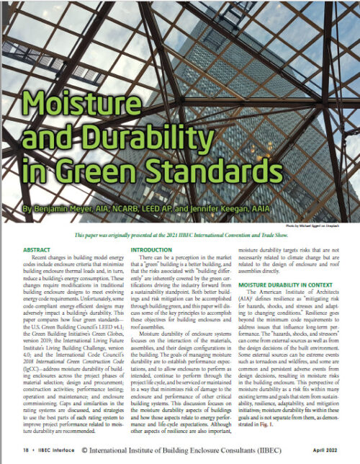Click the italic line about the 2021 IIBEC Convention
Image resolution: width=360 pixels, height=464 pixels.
pyautogui.click(x=180, y=236)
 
